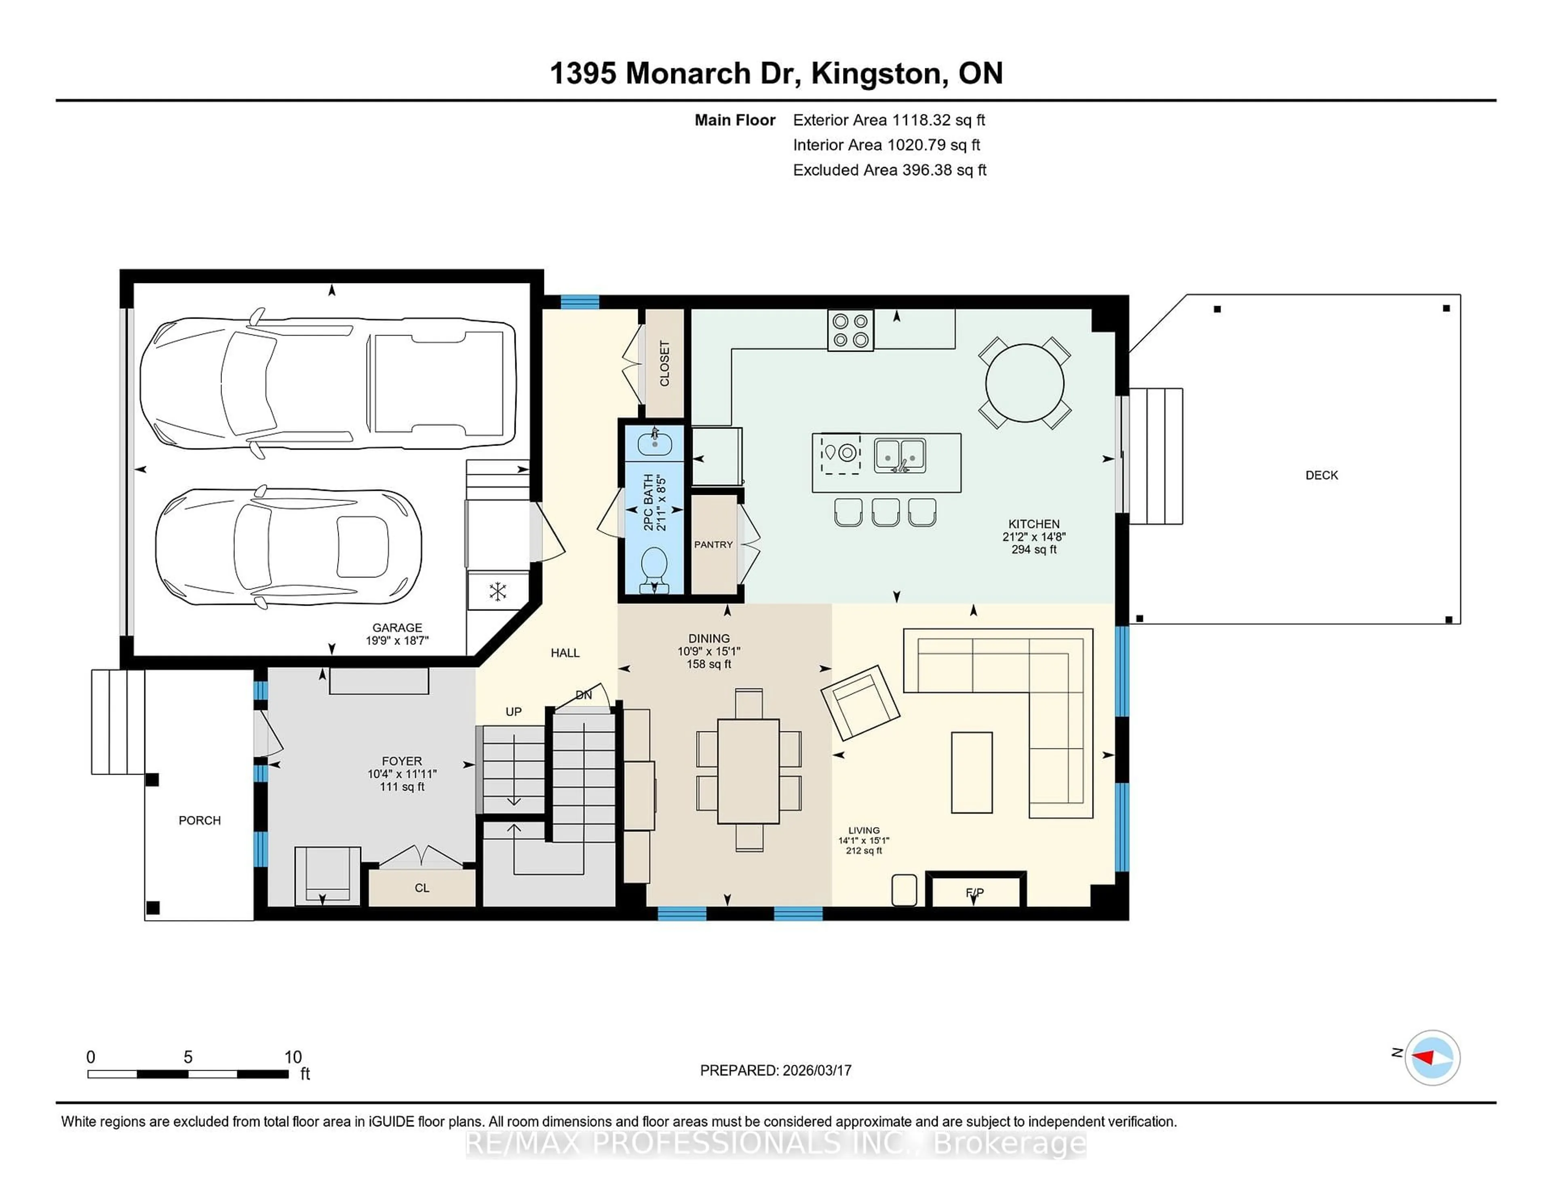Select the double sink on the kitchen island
point(900,455)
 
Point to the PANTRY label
point(713,545)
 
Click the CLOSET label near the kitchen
point(664,363)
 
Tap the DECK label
point(1321,475)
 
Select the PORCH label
point(200,820)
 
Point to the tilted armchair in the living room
point(860,702)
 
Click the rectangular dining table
point(748,771)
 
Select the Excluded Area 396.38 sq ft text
point(889,170)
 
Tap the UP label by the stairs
point(513,712)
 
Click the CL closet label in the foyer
point(422,888)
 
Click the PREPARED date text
point(775,1071)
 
